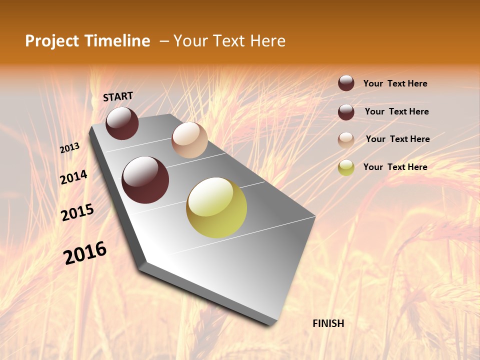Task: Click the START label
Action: pos(118,96)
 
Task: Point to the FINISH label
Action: pos(328,323)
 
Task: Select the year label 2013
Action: pos(69,148)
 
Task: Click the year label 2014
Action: pos(73,177)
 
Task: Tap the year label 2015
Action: pos(77,212)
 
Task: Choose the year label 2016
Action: pos(85,253)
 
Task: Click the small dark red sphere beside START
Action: pos(122,123)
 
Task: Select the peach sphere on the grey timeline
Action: pos(189,140)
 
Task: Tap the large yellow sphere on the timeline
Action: pos(216,207)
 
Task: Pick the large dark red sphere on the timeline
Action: pos(145,180)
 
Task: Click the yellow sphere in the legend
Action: pos(346,167)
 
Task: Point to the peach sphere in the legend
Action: pos(346,140)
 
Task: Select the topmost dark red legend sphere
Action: pos(346,83)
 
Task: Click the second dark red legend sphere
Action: pos(346,112)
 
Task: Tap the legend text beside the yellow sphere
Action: pos(395,167)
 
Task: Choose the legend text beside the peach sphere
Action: pos(397,139)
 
